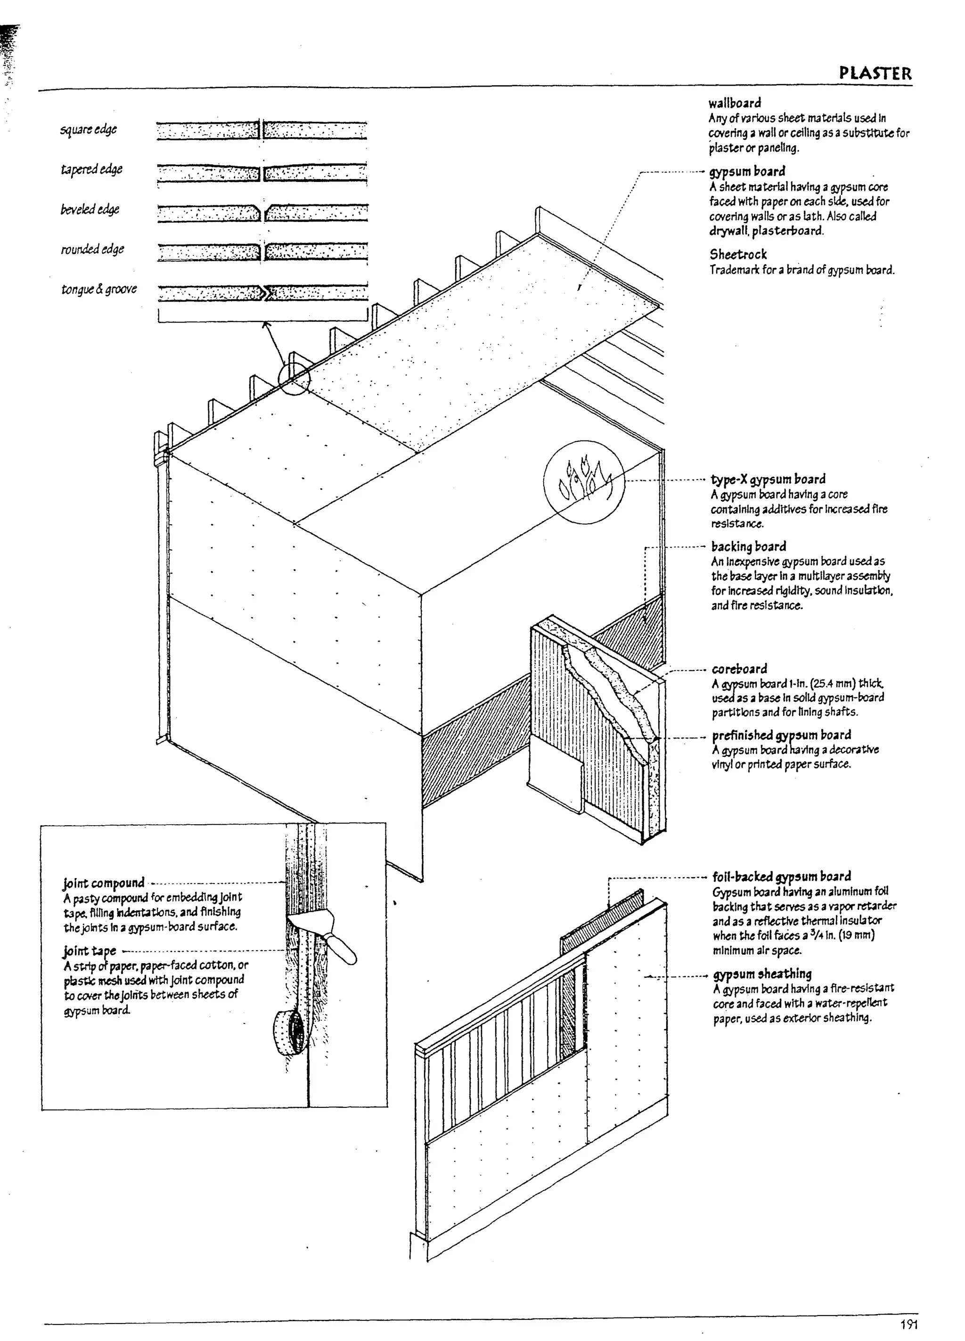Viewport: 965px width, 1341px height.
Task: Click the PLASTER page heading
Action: (875, 74)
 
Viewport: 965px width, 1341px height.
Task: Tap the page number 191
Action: (909, 1325)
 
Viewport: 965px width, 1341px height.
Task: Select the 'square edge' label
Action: (88, 129)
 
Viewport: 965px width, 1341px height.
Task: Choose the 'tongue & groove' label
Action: (99, 289)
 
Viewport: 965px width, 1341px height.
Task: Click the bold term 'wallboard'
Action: (734, 103)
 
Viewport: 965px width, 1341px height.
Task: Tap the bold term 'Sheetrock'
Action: (738, 255)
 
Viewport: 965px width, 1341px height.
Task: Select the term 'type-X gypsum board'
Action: (768, 479)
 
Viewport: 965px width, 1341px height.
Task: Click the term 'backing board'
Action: (748, 546)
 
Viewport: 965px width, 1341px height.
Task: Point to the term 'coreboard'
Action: (739, 669)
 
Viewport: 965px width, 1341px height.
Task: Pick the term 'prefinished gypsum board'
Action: (781, 735)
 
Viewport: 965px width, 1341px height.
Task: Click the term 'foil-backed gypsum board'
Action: (782, 876)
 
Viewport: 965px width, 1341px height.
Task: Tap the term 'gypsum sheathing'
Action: (762, 974)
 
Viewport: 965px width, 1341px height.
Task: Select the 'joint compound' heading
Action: (104, 883)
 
